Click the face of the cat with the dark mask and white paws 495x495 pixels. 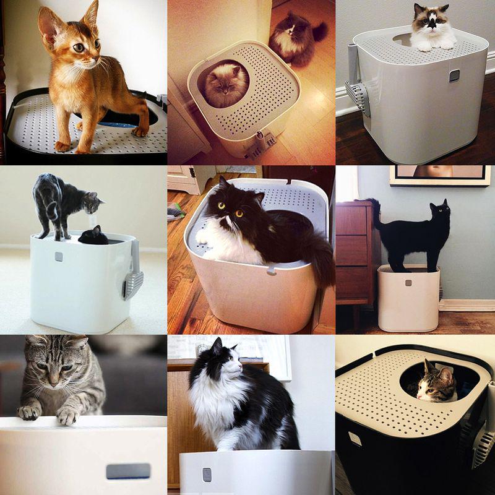(434, 24)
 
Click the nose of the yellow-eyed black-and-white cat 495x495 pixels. (229, 222)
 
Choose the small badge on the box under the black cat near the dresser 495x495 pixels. (408, 283)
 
